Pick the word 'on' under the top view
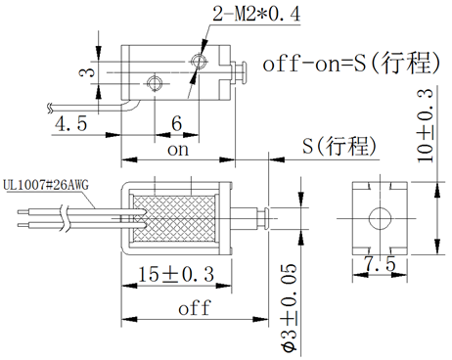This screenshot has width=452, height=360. click(177, 151)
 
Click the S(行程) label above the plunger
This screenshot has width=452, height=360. click(339, 147)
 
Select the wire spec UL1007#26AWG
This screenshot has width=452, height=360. click(47, 183)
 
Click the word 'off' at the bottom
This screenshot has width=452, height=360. click(194, 308)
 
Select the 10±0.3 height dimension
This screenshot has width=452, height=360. click(427, 121)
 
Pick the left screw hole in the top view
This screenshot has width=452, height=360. click(152, 80)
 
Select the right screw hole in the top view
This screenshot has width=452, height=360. click(199, 63)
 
